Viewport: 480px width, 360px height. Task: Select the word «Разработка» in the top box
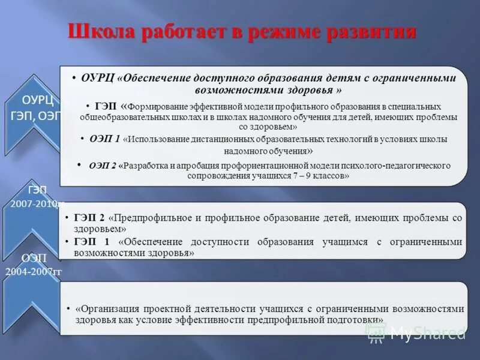[147, 166]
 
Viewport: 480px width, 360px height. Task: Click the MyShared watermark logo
[416, 333]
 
